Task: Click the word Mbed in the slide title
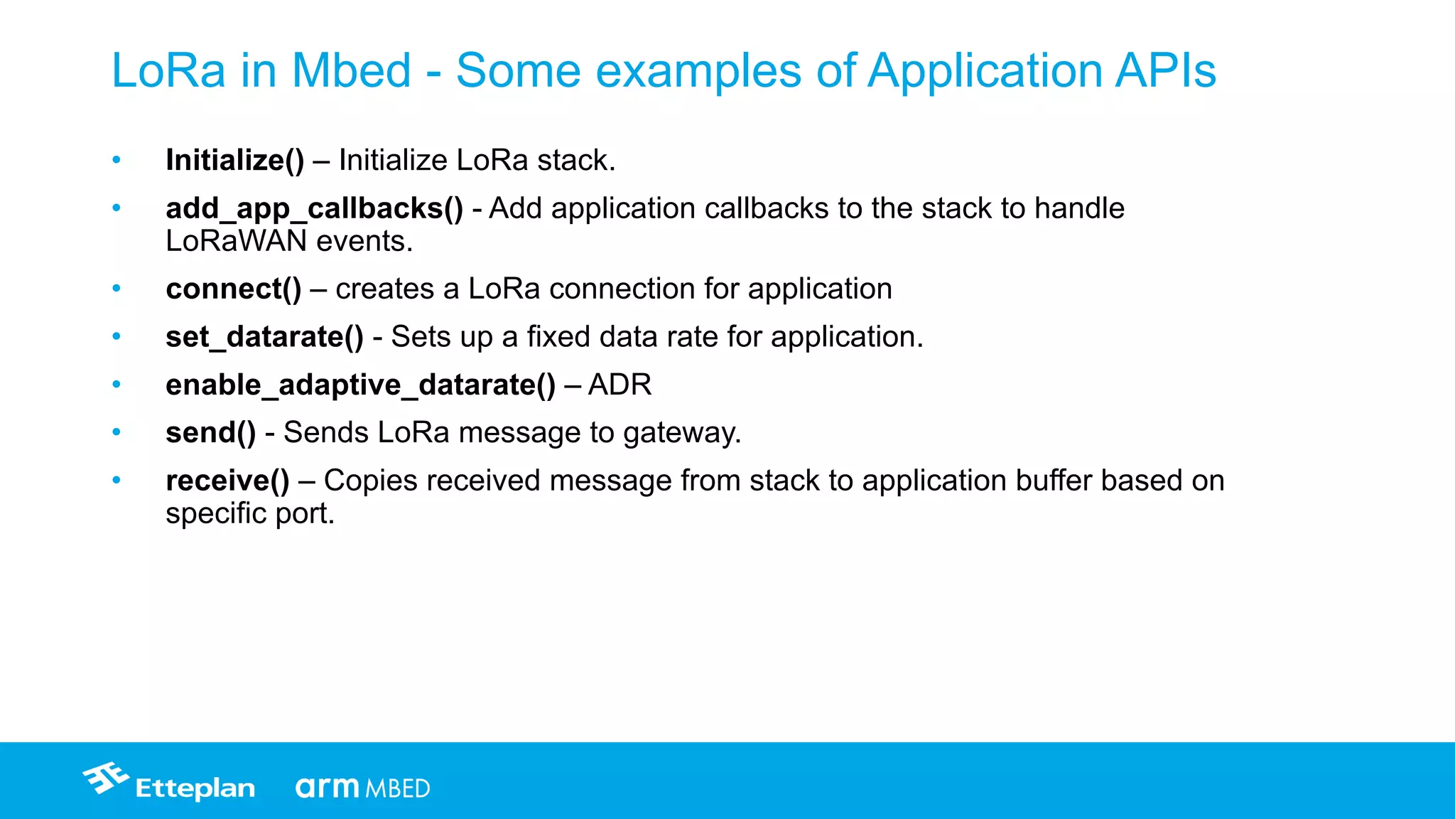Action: pos(351,71)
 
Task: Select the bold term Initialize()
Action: pos(234,161)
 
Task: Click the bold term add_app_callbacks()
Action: pos(314,209)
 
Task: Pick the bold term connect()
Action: pos(233,289)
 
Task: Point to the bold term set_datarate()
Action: pos(264,337)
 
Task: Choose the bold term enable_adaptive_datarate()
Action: pos(360,385)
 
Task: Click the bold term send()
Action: pos(210,433)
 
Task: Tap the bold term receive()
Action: pos(227,481)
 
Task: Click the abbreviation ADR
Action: pos(620,385)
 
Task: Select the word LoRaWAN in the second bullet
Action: pos(236,242)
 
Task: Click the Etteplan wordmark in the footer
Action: pos(195,788)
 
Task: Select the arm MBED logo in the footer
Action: pos(362,788)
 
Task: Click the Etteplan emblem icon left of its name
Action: pos(106,778)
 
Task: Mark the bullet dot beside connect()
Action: pos(117,289)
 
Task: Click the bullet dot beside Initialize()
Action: pos(117,160)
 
